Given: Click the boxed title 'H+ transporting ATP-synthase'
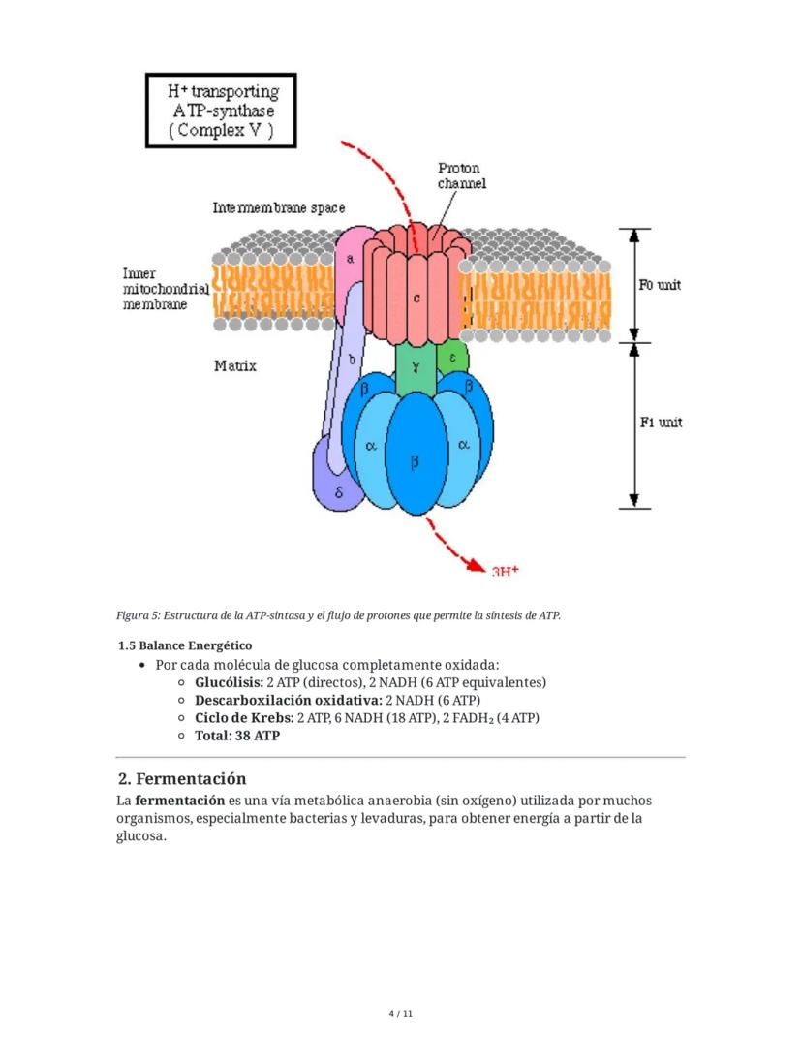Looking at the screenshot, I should [x=221, y=110].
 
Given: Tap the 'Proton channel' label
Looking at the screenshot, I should [x=460, y=175].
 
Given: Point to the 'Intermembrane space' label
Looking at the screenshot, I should [x=278, y=207].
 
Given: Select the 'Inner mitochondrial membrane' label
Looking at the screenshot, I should [x=165, y=289].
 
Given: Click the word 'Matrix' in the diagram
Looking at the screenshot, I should [x=234, y=366].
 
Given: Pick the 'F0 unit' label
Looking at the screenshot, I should [x=660, y=285].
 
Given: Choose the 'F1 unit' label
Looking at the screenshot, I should [x=660, y=423].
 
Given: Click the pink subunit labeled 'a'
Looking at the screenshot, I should [x=351, y=259].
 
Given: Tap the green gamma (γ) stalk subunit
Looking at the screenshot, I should [x=415, y=367].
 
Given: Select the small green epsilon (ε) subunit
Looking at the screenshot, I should [x=452, y=358].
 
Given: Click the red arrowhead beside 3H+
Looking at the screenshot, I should [x=474, y=563].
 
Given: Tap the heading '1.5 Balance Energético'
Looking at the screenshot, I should [x=184, y=645].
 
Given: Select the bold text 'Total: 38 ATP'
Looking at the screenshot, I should [x=237, y=736].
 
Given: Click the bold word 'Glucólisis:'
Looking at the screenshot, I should [x=229, y=682].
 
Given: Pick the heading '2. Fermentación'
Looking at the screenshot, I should [x=182, y=779].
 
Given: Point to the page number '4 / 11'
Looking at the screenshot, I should [x=400, y=1014].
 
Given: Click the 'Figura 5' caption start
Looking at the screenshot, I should [x=138, y=615].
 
